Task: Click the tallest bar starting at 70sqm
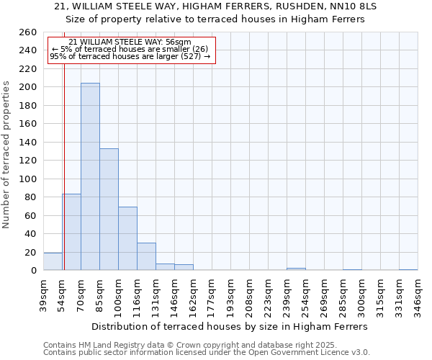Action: point(90,176)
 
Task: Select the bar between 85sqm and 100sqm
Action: point(109,209)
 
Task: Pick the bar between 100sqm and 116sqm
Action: point(127,238)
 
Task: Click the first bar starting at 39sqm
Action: point(53,261)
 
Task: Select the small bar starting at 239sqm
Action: point(296,269)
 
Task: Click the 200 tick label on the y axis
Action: point(28,87)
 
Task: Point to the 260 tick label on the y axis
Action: point(28,32)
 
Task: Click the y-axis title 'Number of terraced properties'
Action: point(7,155)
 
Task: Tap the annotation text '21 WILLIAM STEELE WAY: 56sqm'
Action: point(130,42)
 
